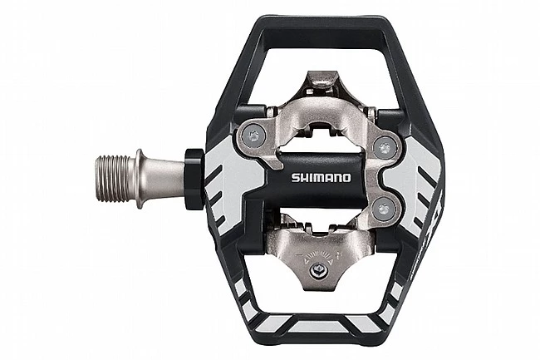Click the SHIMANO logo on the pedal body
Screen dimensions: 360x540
pyautogui.click(x=322, y=176)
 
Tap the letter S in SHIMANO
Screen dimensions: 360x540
pyautogui.click(x=296, y=176)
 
